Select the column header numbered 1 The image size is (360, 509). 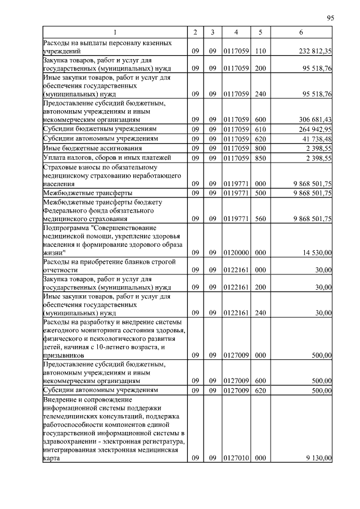[x=115, y=33]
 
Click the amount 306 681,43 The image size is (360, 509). [x=313, y=120]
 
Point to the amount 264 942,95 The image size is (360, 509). [x=313, y=129]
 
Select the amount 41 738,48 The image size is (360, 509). [x=315, y=139]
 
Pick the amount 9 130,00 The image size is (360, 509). [x=318, y=458]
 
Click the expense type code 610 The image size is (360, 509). [x=260, y=129]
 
